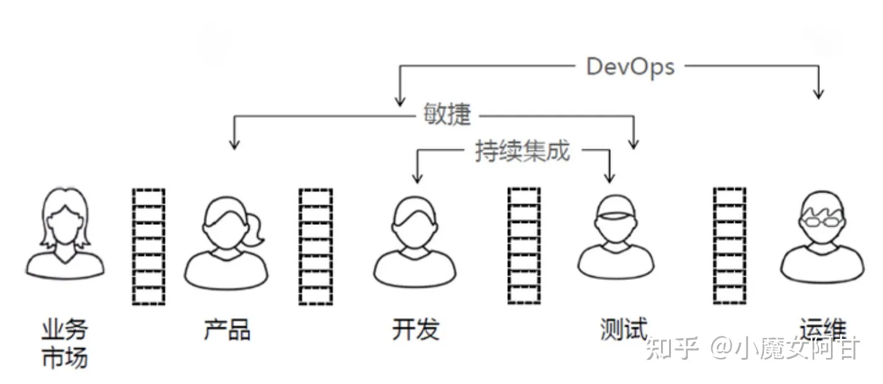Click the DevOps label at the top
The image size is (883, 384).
[x=630, y=66]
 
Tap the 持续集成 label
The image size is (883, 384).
[x=522, y=151]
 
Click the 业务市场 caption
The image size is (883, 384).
[x=64, y=343]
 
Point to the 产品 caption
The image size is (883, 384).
[x=227, y=329]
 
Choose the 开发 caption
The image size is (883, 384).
[x=415, y=329]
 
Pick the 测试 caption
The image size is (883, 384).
[x=623, y=329]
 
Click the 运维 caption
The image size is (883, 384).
[x=822, y=329]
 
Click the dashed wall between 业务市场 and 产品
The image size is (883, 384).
[x=149, y=247]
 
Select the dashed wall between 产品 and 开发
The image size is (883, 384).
[x=316, y=247]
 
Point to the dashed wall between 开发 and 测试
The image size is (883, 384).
[x=524, y=245]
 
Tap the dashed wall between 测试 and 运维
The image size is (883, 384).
[x=729, y=245]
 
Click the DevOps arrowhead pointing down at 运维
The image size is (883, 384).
[x=819, y=93]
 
